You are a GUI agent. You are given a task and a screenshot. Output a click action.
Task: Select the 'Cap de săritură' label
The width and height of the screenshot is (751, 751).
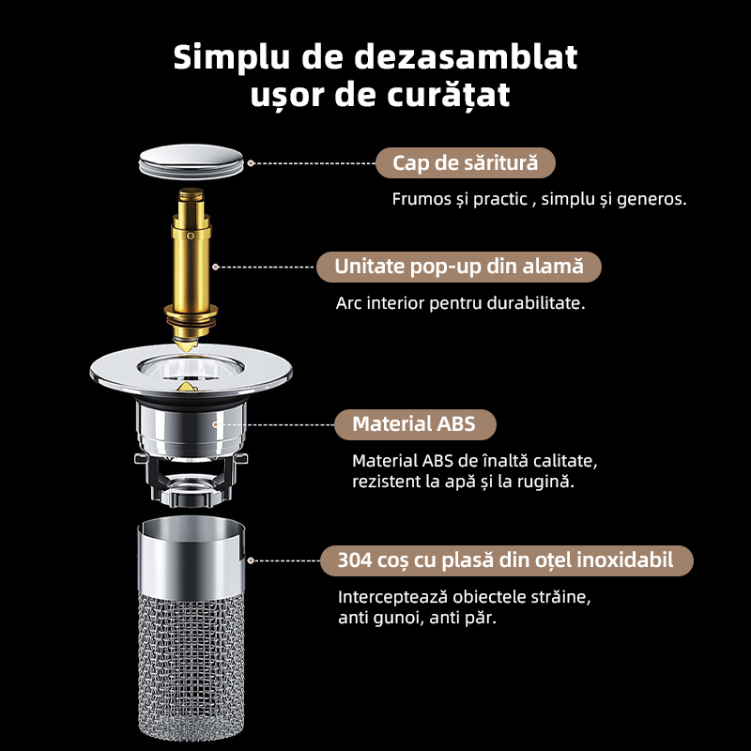tap(465, 162)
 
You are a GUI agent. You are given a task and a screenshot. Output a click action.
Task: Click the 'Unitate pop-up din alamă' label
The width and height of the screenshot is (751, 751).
tap(457, 267)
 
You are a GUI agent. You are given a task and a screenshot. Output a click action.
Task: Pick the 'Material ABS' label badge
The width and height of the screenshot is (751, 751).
tap(413, 424)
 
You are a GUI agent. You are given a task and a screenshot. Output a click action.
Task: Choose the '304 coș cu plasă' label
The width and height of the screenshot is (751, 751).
tap(506, 561)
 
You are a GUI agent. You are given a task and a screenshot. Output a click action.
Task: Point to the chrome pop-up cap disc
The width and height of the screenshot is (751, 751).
tap(192, 161)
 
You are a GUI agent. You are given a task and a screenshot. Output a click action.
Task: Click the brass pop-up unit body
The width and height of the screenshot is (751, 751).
tap(192, 268)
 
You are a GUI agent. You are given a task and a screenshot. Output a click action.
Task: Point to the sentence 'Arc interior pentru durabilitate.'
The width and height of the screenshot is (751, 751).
tap(460, 304)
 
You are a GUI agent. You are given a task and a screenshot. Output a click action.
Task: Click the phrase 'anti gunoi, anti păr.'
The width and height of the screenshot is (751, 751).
tap(417, 619)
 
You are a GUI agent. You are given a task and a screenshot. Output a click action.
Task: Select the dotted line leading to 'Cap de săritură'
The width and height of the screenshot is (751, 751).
tap(314, 162)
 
